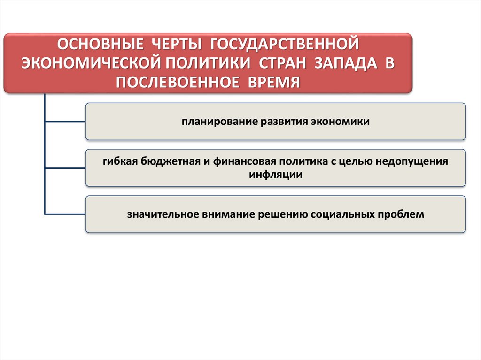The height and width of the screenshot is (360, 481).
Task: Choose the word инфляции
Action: point(276,174)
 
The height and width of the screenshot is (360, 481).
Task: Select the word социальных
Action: point(341,214)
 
